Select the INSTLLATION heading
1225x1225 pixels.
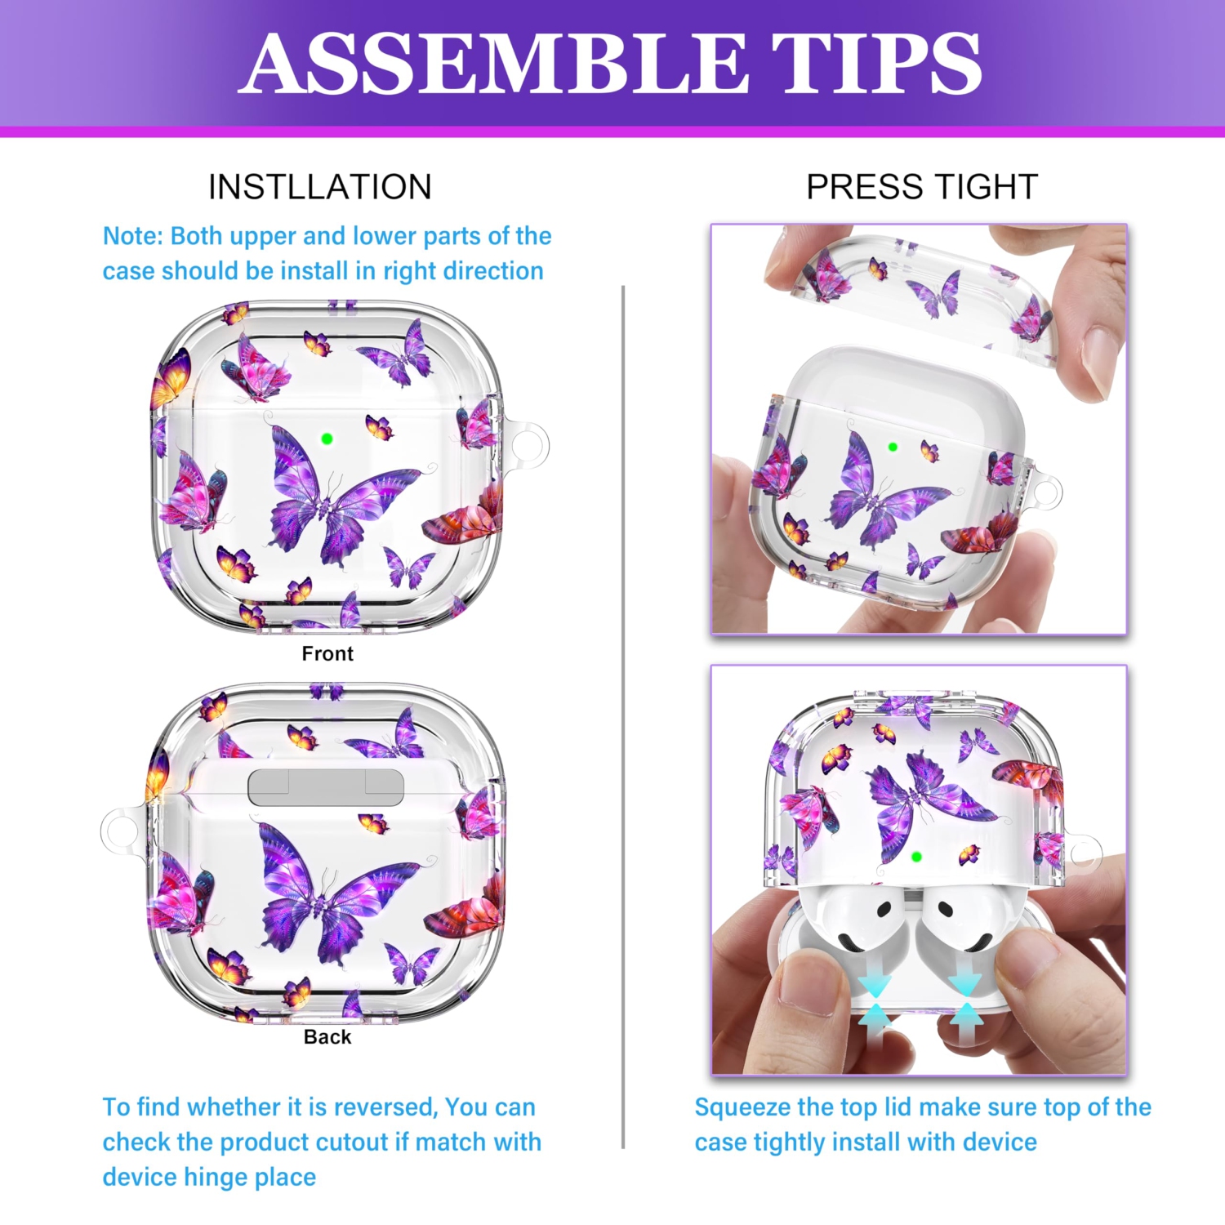[x=320, y=187]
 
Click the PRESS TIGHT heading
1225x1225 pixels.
[x=922, y=187]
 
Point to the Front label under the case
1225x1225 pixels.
[x=327, y=653]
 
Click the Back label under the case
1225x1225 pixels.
[x=327, y=1037]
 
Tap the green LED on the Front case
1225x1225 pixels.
[x=327, y=439]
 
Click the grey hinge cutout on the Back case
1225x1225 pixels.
[x=326, y=786]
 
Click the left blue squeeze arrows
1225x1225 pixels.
[x=875, y=1002]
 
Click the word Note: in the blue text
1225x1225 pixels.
[x=133, y=236]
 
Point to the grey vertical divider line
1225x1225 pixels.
[x=623, y=717]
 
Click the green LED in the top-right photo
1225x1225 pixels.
[x=893, y=447]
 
